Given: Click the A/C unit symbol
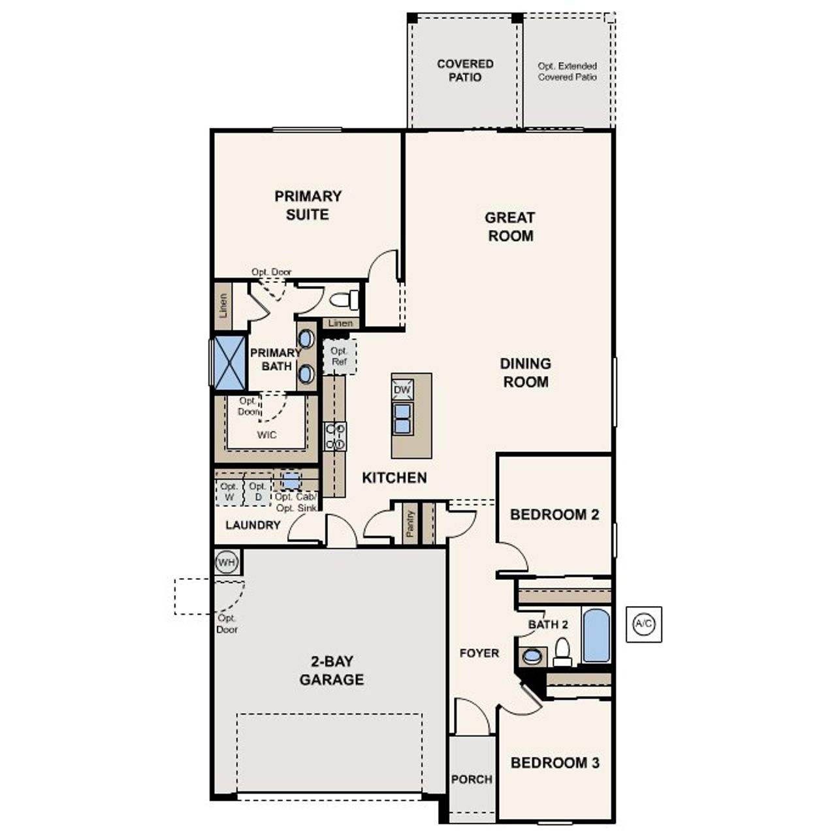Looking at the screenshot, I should [643, 624].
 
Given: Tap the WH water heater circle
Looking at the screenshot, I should [226, 562].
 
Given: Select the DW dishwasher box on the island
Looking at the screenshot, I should [402, 390].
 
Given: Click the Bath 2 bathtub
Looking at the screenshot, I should [596, 635].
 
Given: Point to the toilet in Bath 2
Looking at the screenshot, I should [562, 651].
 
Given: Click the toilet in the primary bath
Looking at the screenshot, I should [344, 300].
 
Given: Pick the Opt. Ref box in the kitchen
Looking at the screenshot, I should [339, 357].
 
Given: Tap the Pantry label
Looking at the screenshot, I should [410, 524].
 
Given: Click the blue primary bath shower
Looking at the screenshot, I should [229, 363].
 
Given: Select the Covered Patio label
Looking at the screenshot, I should [465, 71].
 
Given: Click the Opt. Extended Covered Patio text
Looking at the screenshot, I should [567, 71].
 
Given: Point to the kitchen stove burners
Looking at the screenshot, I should [335, 436].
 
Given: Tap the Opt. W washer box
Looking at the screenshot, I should [229, 492].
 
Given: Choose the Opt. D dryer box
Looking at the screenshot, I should [258, 492].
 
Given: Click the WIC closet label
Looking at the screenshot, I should [266, 435].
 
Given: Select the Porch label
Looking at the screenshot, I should [472, 779].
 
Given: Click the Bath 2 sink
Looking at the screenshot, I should [532, 656].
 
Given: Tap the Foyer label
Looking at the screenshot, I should [479, 653].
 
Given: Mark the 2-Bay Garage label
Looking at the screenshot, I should [332, 670].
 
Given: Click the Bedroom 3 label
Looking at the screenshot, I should [555, 762].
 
